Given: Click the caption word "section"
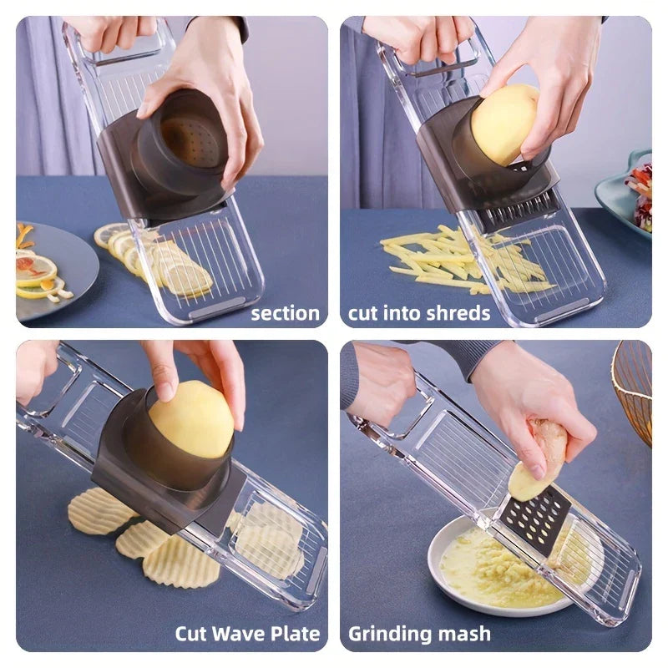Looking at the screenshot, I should tap(285, 314).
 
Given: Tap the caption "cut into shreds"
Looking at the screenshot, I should tap(419, 314).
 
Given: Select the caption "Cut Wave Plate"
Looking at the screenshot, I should tap(247, 634).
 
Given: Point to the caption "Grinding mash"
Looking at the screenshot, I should tap(419, 634).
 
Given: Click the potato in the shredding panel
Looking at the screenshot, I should tap(504, 124).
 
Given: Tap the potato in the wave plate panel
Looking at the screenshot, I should tap(191, 419).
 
